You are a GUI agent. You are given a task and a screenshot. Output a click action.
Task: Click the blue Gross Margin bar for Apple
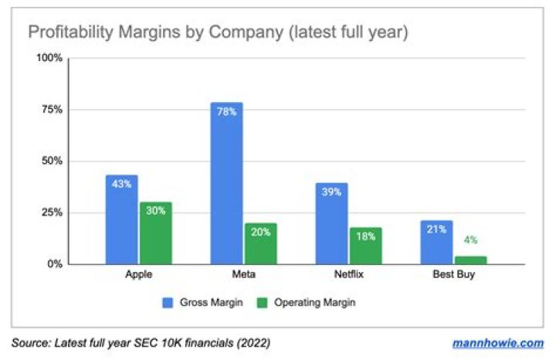point(122,219)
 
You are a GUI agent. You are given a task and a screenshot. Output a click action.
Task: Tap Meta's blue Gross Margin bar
point(226,183)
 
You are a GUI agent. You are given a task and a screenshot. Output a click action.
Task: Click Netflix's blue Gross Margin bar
point(331,224)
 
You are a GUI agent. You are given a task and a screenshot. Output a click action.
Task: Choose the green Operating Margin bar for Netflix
point(365,246)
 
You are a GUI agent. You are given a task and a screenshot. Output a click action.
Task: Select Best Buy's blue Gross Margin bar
point(436,242)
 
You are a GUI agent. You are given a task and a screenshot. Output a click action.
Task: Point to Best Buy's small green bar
point(470,260)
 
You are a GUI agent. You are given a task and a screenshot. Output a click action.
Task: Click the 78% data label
point(226,112)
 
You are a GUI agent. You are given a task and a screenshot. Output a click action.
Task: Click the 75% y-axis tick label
point(51,110)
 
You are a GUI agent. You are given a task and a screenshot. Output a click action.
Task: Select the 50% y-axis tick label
point(51,161)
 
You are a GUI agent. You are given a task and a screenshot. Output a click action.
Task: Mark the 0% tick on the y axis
point(54,264)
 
